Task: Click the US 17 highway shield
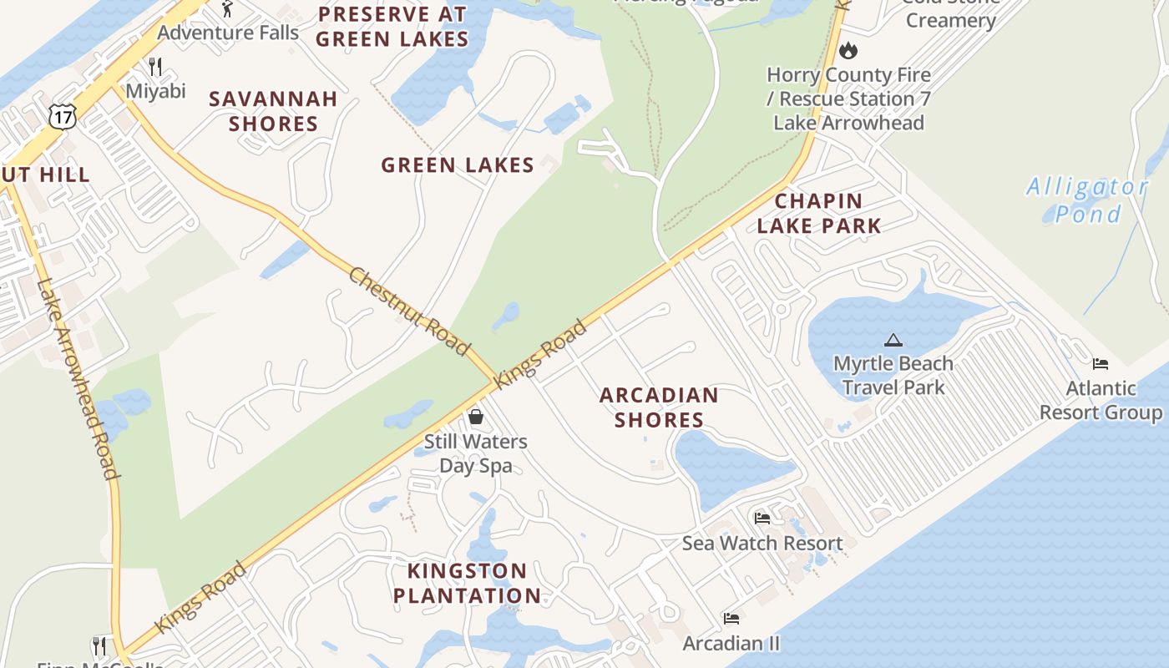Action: [x=62, y=116]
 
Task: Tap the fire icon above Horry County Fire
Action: [x=848, y=50]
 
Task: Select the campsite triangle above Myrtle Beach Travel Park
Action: [x=893, y=340]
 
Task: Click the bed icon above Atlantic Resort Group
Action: [x=1101, y=363]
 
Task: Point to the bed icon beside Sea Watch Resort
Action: [x=762, y=518]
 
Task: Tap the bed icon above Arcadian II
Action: [x=731, y=619]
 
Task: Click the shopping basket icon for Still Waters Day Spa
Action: [x=476, y=416]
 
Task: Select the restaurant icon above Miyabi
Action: [x=154, y=66]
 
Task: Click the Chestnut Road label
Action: [x=409, y=311]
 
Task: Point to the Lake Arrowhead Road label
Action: [x=77, y=378]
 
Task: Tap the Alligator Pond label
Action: [x=1087, y=200]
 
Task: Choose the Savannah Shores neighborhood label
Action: [x=273, y=111]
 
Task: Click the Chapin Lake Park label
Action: [x=818, y=213]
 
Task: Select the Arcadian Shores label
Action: [x=659, y=407]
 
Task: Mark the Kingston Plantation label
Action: [x=467, y=583]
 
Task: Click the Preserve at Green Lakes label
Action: [x=392, y=27]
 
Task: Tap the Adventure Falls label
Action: [x=228, y=33]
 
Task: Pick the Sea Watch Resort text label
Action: [x=762, y=544]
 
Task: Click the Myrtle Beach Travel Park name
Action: [x=893, y=376]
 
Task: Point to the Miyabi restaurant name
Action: [x=156, y=91]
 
